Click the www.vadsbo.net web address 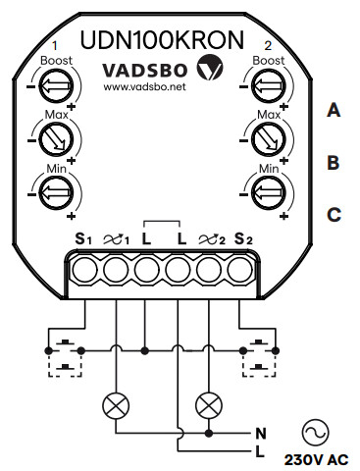[x=144, y=87]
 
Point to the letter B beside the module [x=334, y=162]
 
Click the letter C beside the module [x=334, y=212]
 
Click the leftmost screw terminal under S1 [x=85, y=269]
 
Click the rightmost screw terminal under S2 [x=238, y=269]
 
